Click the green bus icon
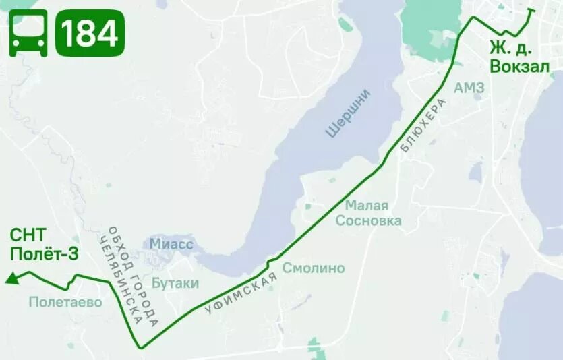(x=28, y=33)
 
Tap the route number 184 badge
(x=90, y=33)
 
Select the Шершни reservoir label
(x=349, y=113)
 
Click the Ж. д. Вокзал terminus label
(x=519, y=58)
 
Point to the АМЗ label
(x=469, y=88)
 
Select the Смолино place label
(x=314, y=268)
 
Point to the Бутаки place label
(x=175, y=284)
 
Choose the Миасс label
(x=172, y=244)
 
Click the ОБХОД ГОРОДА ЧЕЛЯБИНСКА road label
(x=132, y=276)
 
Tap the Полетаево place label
(x=65, y=302)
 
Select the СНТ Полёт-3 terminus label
(x=34, y=244)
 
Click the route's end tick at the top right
(x=531, y=10)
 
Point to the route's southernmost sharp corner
(x=141, y=347)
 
